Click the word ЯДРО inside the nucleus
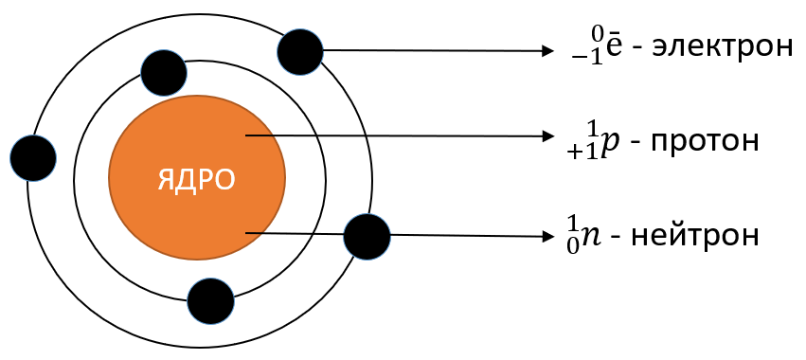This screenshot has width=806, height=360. point(196,179)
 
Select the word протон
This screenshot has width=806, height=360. point(706,140)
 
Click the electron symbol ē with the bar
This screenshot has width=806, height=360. point(613,46)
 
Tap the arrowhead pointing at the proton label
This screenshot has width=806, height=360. point(548,136)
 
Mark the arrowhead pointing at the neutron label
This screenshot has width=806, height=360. point(548,237)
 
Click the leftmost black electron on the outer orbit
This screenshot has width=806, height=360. point(33,158)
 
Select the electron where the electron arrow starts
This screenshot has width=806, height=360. point(299,52)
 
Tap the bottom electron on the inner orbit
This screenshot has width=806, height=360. point(211,301)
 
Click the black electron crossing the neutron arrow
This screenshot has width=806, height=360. point(367,237)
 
